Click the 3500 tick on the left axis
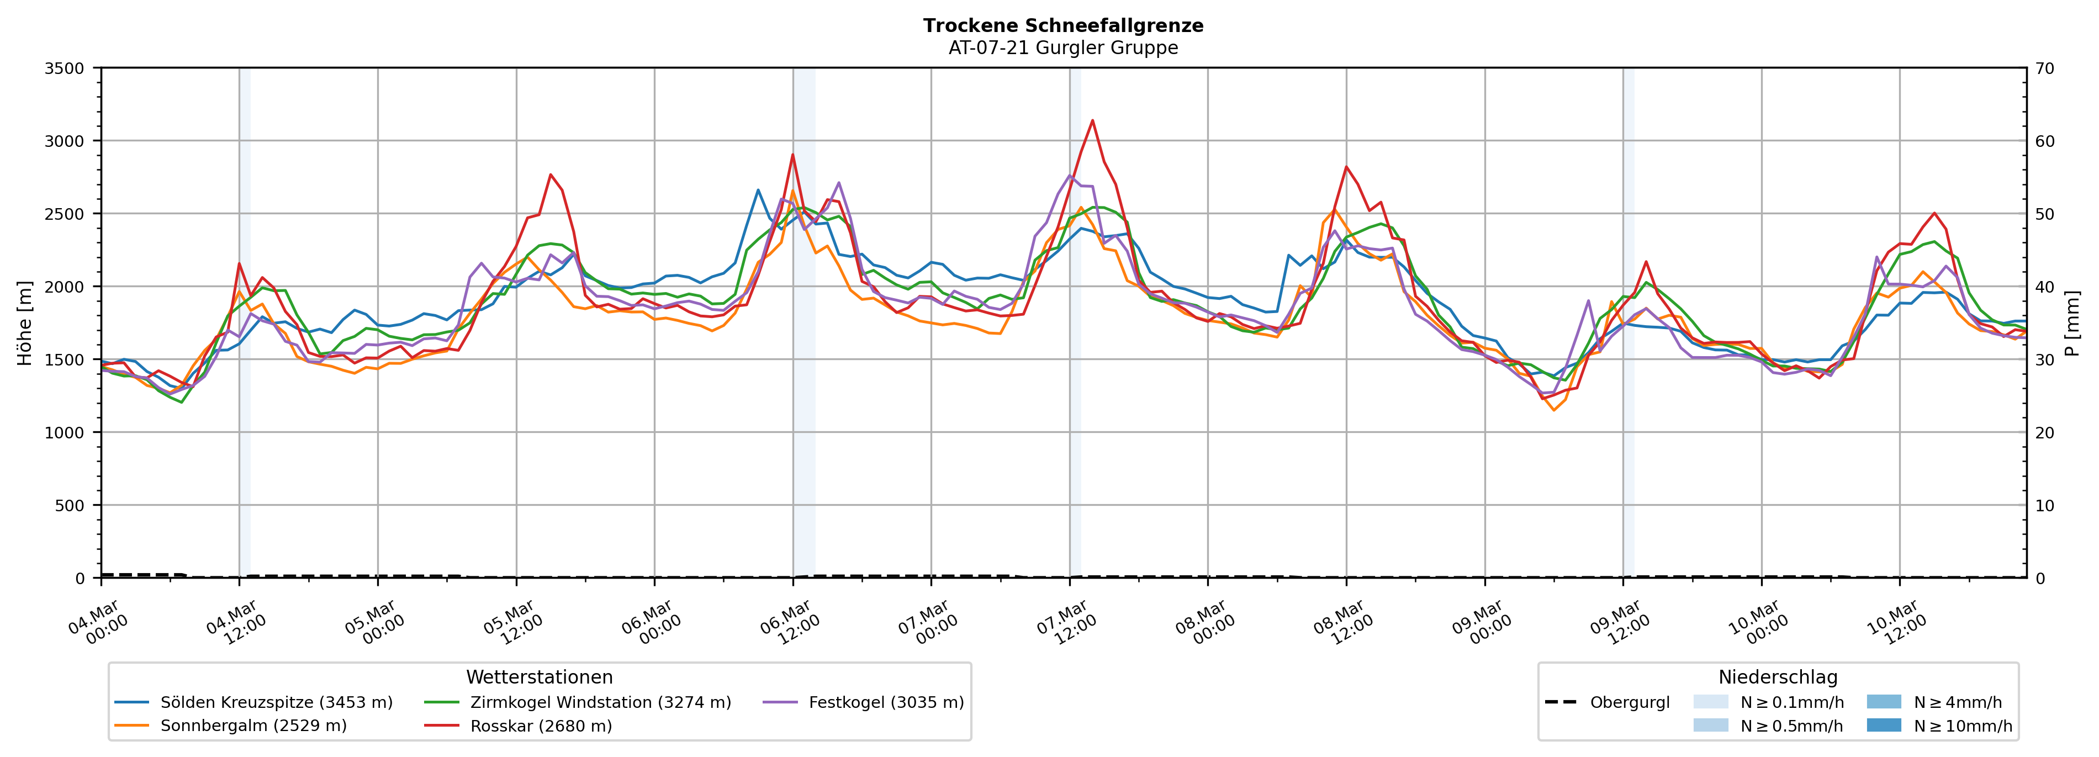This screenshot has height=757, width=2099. pyautogui.click(x=65, y=68)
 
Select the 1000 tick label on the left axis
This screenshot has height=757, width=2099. pyautogui.click(x=65, y=433)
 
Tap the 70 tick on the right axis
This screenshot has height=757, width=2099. pyautogui.click(x=2044, y=68)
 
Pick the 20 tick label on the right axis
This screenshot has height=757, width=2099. pyautogui.click(x=2044, y=433)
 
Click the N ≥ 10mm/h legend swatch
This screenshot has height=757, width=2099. pyautogui.click(x=1884, y=725)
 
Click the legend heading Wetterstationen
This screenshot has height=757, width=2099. pyautogui.click(x=540, y=677)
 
